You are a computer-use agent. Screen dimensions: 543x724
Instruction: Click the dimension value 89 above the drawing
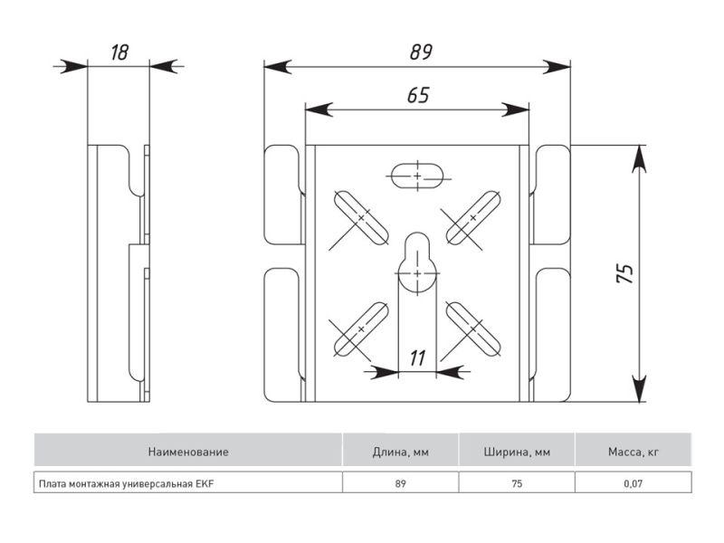click(417, 52)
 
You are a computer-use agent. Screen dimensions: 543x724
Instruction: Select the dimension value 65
click(416, 95)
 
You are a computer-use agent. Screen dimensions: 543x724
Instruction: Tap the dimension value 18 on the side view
click(119, 52)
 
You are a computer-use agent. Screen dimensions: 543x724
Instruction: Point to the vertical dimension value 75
click(624, 274)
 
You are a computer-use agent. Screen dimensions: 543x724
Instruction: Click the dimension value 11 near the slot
click(417, 357)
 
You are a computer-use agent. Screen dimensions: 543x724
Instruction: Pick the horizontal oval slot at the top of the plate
click(417, 175)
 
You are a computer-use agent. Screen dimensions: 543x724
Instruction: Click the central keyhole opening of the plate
click(417, 262)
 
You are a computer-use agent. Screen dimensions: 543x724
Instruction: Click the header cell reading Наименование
click(188, 451)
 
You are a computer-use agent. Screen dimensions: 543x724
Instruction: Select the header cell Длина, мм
click(400, 451)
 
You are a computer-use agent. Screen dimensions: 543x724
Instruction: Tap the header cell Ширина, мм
click(517, 451)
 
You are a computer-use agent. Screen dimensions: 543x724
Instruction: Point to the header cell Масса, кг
click(633, 451)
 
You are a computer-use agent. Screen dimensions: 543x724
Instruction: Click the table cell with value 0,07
click(633, 483)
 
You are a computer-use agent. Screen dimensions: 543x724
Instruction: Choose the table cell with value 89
click(400, 483)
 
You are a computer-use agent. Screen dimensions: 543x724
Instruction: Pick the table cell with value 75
click(517, 483)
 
